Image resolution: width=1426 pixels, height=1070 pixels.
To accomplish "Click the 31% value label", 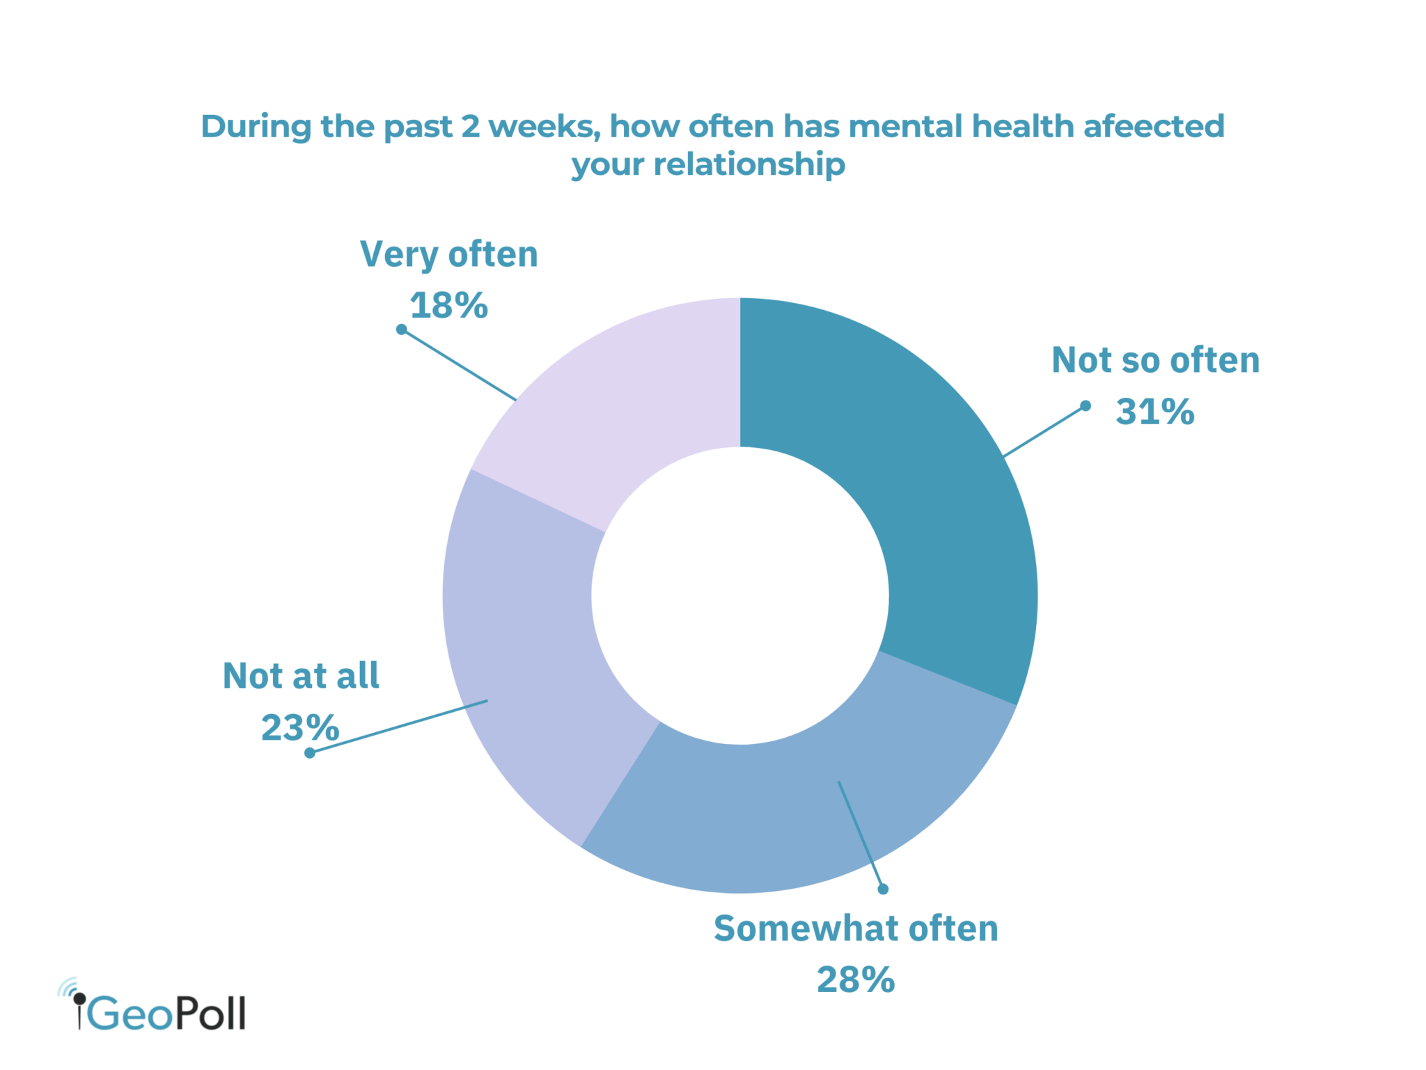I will pyautogui.click(x=1155, y=412).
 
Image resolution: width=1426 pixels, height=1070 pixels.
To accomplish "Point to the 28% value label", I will pyautogui.click(x=856, y=980).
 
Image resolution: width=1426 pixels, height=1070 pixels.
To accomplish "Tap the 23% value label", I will pyautogui.click(x=300, y=728).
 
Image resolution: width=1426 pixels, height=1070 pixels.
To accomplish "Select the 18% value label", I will pyautogui.click(x=449, y=306).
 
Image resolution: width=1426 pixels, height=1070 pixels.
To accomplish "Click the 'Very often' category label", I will pyautogui.click(x=449, y=255).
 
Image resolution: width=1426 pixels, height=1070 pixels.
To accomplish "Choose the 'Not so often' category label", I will pyautogui.click(x=1155, y=361).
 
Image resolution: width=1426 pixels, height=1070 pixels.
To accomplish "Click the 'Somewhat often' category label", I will pyautogui.click(x=856, y=929).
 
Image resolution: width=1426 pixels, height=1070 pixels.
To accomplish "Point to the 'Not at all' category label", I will pyautogui.click(x=301, y=676).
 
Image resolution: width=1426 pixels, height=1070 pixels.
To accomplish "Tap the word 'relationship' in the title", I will pyautogui.click(x=749, y=165).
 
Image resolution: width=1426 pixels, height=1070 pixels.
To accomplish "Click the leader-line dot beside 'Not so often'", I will pyautogui.click(x=1085, y=406).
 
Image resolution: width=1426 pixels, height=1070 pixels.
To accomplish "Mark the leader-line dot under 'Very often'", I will pyautogui.click(x=402, y=329).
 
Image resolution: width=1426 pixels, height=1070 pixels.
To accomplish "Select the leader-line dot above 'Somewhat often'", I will pyautogui.click(x=883, y=889).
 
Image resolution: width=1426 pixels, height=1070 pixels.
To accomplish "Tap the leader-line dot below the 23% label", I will pyautogui.click(x=310, y=753).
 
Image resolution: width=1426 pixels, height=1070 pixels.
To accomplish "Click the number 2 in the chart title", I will pyautogui.click(x=471, y=127).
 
